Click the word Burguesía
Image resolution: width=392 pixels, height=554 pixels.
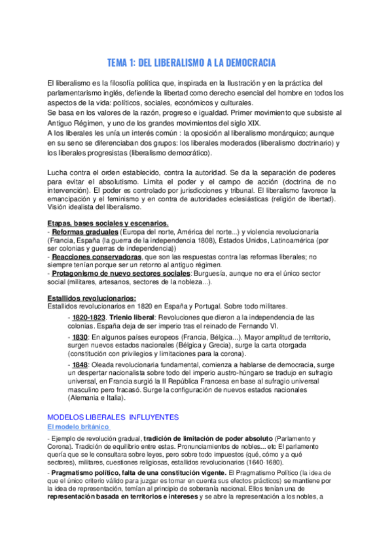coord(223,274)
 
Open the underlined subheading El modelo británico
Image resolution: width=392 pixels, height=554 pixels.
coord(78,427)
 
